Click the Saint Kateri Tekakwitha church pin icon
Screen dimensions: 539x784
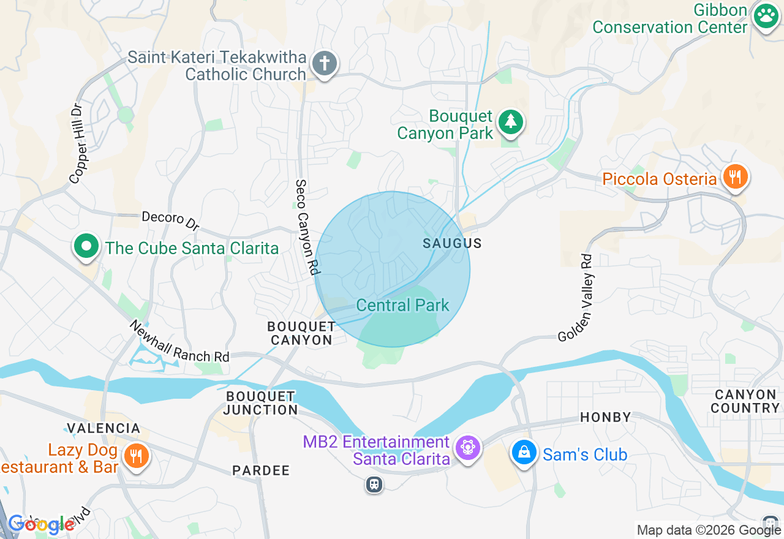[x=325, y=64]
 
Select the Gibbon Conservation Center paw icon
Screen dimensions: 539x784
[x=766, y=17]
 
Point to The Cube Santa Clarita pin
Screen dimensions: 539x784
[x=86, y=247]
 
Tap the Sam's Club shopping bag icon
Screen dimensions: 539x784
[x=524, y=453]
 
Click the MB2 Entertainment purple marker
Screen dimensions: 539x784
[x=468, y=449]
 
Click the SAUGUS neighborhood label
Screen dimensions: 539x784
[x=453, y=244]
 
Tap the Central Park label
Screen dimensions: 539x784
[x=402, y=305]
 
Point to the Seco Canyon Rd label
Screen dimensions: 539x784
[x=307, y=227]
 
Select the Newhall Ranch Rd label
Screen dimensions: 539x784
[x=179, y=341]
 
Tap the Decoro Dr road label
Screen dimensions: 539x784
[x=171, y=221]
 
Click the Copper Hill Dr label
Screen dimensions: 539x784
[x=78, y=143]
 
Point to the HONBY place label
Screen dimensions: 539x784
[x=605, y=417]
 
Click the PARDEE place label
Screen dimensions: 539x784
[x=260, y=470]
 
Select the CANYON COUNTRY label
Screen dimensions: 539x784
[x=745, y=401]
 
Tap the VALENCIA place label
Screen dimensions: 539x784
[x=104, y=428]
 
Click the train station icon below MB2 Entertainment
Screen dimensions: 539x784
[x=374, y=484]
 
